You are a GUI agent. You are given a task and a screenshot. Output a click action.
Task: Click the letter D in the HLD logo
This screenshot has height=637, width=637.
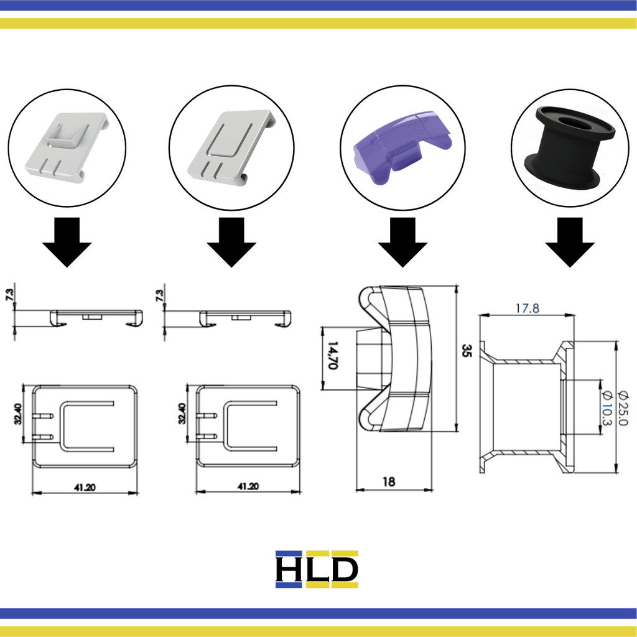tap(345, 569)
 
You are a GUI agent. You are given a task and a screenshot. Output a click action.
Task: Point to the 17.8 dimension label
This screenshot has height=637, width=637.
tap(527, 309)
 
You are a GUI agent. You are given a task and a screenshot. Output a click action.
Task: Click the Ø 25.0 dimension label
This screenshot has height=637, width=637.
tap(623, 407)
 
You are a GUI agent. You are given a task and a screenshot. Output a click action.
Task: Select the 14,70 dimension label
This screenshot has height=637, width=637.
tap(333, 356)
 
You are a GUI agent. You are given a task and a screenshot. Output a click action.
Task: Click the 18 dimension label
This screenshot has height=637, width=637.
tap(389, 481)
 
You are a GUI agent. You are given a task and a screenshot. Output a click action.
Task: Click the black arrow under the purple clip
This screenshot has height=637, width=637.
tap(402, 242)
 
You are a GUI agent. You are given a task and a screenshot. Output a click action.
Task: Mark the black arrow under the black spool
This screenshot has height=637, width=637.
tap(569, 242)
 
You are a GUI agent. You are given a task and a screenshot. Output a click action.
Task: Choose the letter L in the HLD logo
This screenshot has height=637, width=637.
tap(318, 569)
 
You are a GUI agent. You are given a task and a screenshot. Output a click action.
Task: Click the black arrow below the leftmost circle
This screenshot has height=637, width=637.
tap(67, 242)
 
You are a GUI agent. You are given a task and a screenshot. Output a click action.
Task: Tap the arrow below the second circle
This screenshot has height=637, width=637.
tap(231, 242)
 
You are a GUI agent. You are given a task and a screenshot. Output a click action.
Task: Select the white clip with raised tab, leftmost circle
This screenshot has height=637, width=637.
tap(67, 147)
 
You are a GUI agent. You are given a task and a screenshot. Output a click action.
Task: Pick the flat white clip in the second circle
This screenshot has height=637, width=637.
tap(232, 149)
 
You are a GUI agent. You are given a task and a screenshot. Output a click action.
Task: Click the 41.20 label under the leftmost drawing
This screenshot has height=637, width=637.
tap(85, 487)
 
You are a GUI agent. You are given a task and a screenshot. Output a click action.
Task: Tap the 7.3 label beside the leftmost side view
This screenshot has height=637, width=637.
tap(9, 295)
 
